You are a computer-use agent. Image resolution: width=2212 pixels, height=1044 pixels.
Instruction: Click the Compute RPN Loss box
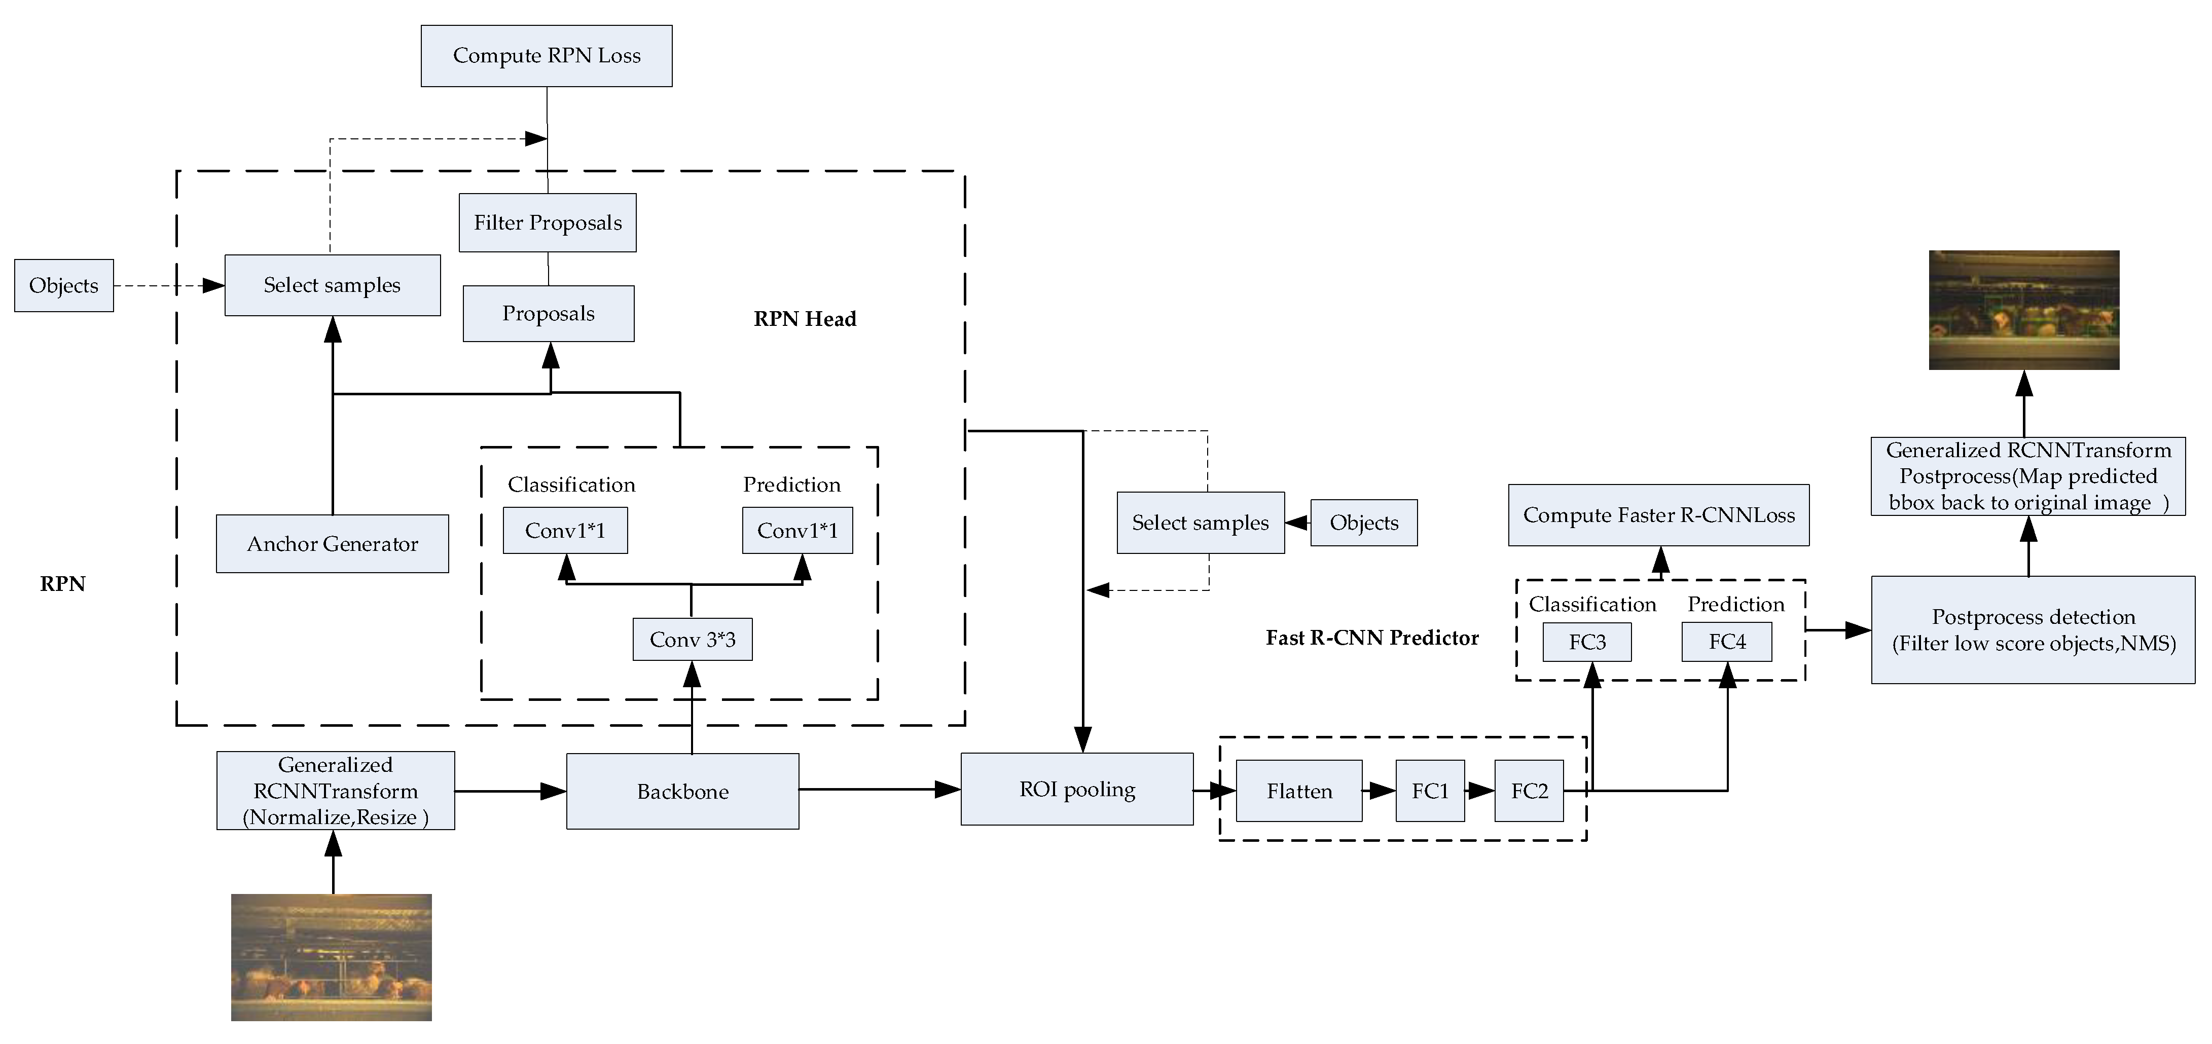click(x=546, y=56)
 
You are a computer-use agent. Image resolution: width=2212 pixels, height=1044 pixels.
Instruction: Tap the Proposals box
click(x=548, y=313)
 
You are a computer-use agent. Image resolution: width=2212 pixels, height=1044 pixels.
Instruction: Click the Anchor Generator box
click(x=332, y=543)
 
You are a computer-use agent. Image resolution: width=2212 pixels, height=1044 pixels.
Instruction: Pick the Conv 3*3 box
click(x=692, y=640)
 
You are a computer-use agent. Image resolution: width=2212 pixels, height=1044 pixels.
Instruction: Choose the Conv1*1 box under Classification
click(x=565, y=531)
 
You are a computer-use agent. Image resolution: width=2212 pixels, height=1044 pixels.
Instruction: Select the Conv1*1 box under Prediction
click(x=797, y=531)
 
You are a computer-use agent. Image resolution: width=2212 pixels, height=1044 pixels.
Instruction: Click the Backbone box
click(x=683, y=791)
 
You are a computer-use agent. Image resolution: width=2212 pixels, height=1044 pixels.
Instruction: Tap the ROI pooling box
click(x=1077, y=789)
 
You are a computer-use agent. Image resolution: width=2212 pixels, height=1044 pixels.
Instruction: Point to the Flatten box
click(x=1298, y=791)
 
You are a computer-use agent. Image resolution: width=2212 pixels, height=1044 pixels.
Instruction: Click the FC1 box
click(x=1430, y=791)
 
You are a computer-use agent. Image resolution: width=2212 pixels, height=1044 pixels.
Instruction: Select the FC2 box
click(x=1529, y=791)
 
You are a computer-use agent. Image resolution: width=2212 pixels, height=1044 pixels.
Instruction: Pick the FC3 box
click(x=1587, y=642)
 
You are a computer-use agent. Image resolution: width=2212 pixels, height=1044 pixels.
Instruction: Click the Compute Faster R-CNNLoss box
click(x=1658, y=515)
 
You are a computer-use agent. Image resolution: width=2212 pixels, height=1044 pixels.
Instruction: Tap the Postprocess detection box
click(x=2033, y=629)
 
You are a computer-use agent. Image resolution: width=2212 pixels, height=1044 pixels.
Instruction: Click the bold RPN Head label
click(x=805, y=319)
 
